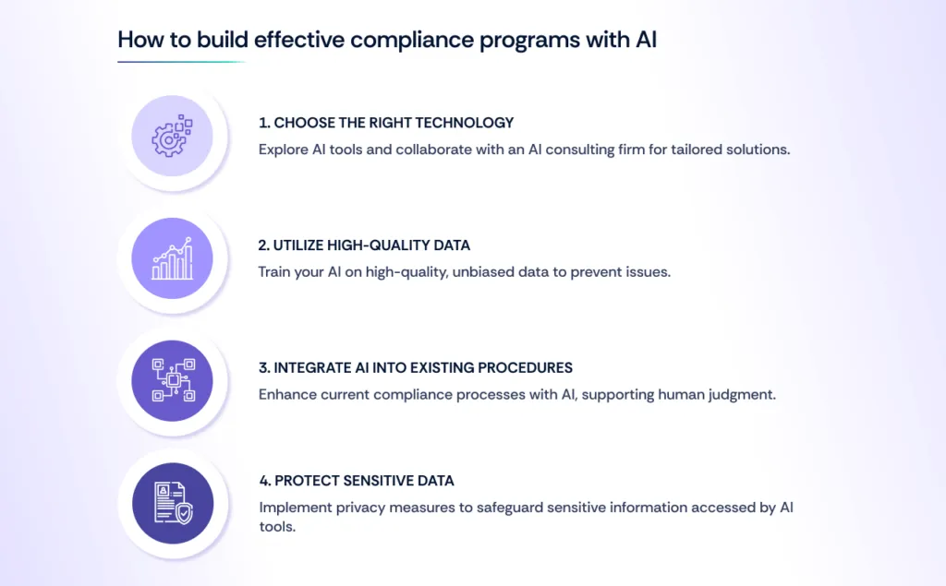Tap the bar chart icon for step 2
click(x=172, y=259)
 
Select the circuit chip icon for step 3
click(x=172, y=381)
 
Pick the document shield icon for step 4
click(x=172, y=504)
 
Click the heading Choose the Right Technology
click(x=386, y=123)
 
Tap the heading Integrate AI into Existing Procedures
click(x=416, y=367)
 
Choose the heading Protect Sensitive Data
click(x=356, y=481)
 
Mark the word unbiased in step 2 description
click(x=485, y=271)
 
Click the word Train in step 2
click(x=275, y=271)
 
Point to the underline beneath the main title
click(x=181, y=62)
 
